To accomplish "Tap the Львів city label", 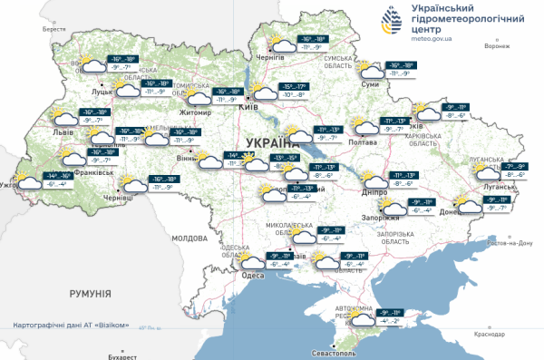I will (x=62, y=131).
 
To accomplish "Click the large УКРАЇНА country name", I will (x=271, y=142).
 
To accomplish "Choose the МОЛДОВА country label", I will (x=190, y=238).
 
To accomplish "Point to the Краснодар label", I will (x=489, y=335).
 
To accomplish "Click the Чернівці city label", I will (x=119, y=197).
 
